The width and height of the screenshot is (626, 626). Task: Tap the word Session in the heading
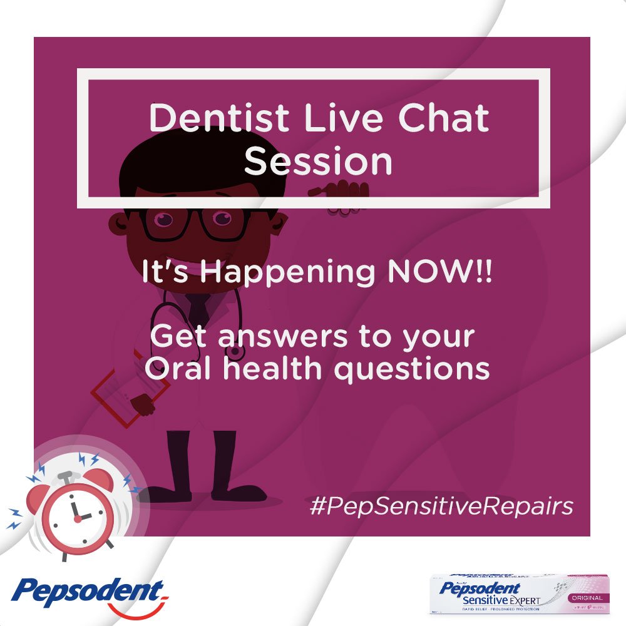tap(318, 161)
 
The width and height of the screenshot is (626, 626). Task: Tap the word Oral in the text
tap(175, 369)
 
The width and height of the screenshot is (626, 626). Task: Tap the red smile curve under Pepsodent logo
tap(135, 610)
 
